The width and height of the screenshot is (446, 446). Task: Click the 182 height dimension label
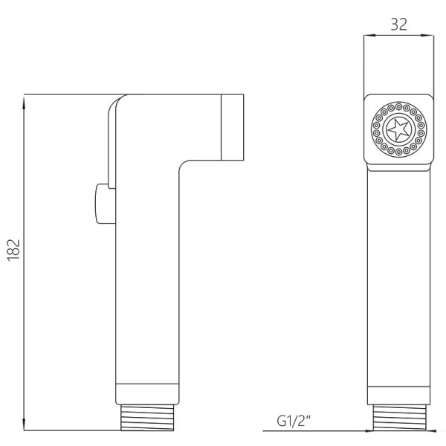point(13,250)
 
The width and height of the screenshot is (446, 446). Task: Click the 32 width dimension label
point(398,25)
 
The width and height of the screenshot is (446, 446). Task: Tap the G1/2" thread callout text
point(294,421)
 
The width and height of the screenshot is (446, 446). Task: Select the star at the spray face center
point(398,129)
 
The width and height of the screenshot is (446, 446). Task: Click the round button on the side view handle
point(102,204)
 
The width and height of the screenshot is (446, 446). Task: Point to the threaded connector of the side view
point(147,417)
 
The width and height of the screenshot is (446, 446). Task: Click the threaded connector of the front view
point(399,418)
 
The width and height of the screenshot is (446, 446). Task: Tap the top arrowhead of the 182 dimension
point(24,102)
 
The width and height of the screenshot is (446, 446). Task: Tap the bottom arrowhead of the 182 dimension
point(24,424)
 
